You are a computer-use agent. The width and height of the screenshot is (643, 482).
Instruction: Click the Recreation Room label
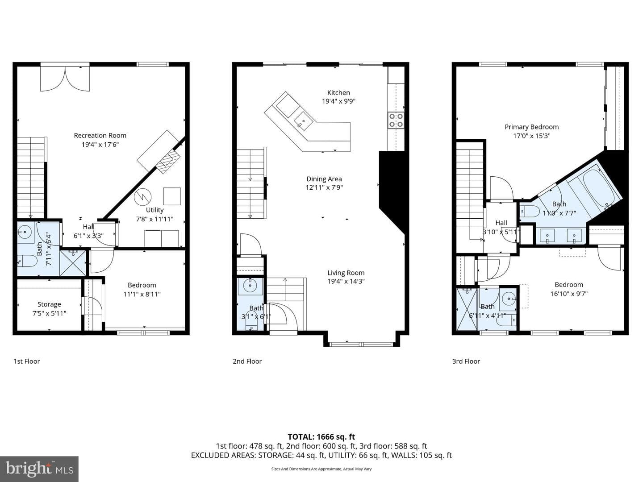coord(100,136)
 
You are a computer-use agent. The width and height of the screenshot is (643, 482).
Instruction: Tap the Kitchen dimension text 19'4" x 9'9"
coord(338,101)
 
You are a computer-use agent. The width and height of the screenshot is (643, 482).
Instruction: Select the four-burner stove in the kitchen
coord(396,120)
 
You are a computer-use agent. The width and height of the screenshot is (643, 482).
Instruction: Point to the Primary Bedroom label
coord(531,127)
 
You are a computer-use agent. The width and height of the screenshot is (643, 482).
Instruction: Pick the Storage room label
coord(49,304)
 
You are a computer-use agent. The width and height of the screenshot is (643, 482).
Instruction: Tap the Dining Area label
coord(324,179)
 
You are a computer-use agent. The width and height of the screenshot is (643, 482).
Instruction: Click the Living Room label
coord(346,273)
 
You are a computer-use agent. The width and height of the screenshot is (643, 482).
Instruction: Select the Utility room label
coord(154,210)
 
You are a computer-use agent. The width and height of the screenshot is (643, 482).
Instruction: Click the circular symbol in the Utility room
coord(142,197)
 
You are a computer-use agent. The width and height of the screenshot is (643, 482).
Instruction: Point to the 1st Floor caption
coord(27,361)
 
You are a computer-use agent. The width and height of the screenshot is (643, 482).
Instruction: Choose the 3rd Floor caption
coord(466,361)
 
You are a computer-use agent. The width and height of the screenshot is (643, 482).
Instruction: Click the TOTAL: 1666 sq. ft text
coord(321,437)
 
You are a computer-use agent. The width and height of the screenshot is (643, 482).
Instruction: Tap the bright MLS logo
coord(39,469)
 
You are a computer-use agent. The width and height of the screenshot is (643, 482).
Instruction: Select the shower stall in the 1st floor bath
coord(73,263)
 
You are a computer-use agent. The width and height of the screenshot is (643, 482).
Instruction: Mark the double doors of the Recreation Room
coord(65,78)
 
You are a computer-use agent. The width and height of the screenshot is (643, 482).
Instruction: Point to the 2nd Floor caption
coord(247,361)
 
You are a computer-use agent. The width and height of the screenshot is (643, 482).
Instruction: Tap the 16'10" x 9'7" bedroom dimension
coord(569,294)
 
